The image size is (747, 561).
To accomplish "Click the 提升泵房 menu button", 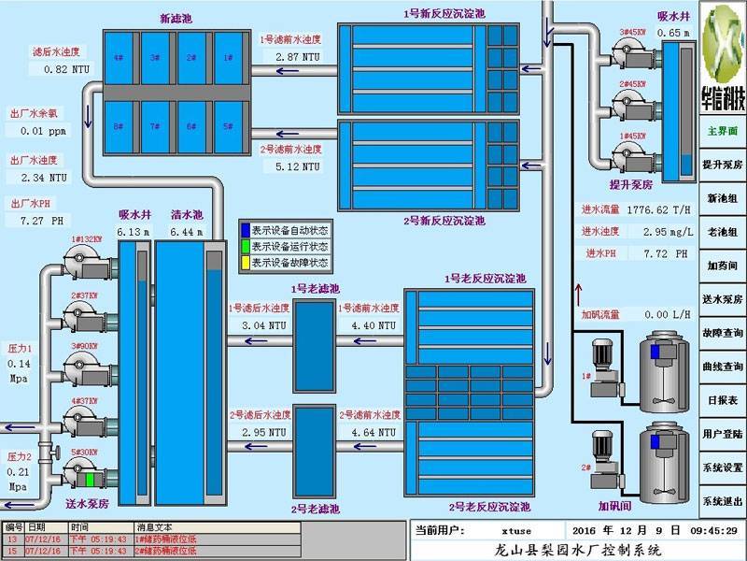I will [x=723, y=165].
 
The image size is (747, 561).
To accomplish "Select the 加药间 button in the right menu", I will [x=723, y=266].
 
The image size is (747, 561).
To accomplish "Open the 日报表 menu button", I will [x=723, y=400].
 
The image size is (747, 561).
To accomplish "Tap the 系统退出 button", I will [x=723, y=501].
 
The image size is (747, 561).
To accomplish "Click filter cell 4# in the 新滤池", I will [x=119, y=57].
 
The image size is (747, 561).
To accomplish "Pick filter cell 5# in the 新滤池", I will [x=227, y=125].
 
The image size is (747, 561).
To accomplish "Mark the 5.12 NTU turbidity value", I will [x=297, y=166].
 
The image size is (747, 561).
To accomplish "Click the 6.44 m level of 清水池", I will [x=187, y=231].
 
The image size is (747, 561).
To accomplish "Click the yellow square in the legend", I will [x=247, y=263].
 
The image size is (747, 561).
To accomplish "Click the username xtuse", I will [x=515, y=530].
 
